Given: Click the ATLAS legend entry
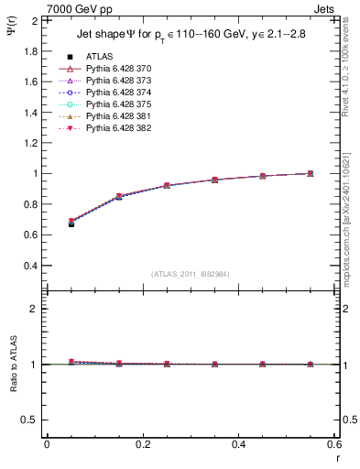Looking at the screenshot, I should tap(99, 56).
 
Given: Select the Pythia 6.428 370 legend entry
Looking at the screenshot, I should tap(119, 69).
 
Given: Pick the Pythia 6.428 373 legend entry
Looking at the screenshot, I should tap(119, 81).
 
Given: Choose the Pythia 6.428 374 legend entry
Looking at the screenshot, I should tap(119, 93).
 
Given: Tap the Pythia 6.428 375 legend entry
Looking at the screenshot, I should tap(119, 104).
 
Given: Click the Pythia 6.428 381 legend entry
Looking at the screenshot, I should tap(119, 116).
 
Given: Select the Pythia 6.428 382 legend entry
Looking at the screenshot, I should tap(119, 128).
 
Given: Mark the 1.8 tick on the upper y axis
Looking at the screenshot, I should tap(30, 50).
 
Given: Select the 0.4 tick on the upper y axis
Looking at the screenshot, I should tap(30, 266).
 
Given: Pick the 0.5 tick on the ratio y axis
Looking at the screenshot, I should tap(30, 420).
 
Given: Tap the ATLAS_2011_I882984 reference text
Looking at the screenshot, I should tap(191, 274).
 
